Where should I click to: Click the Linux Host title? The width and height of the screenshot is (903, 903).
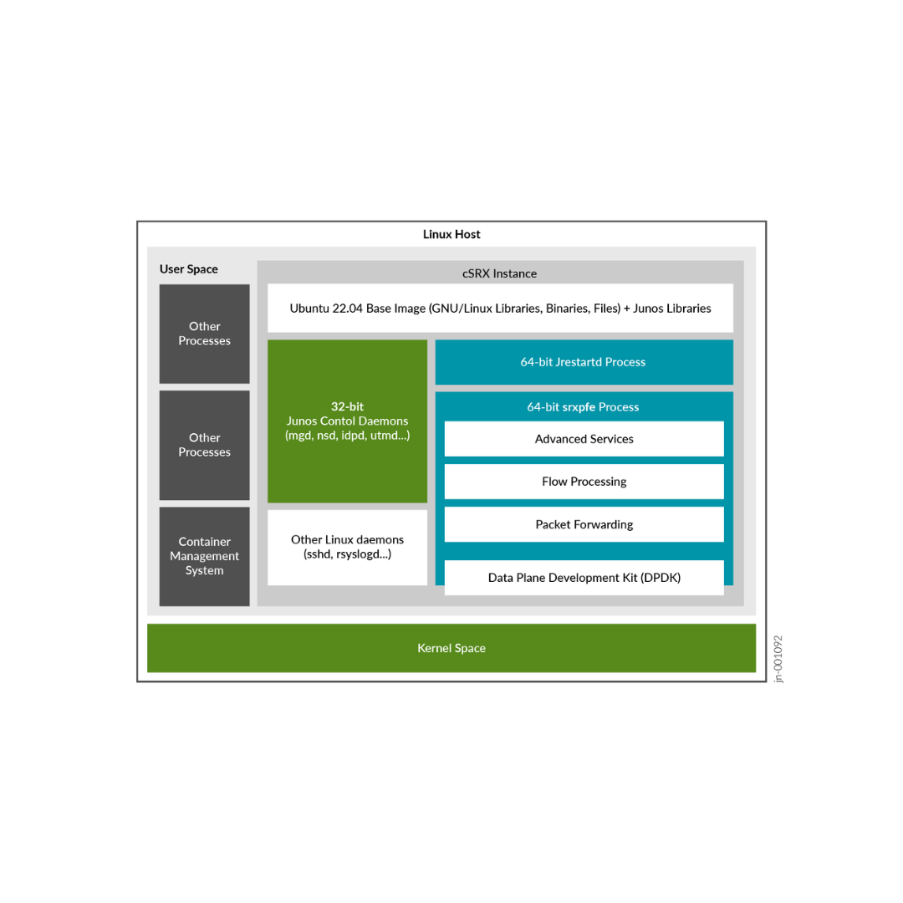[451, 234]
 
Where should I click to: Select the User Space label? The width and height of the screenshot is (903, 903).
[188, 269]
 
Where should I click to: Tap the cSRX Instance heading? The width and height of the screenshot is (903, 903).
[499, 273]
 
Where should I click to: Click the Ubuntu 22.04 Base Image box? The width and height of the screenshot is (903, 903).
[500, 308]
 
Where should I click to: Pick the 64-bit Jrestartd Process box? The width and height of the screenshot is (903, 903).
[584, 362]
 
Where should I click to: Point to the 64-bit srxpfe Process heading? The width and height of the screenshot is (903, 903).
[583, 407]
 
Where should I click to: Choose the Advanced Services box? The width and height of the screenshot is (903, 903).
[584, 439]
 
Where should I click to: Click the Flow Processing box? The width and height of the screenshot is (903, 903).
[584, 482]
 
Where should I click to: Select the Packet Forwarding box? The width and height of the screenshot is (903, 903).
[584, 524]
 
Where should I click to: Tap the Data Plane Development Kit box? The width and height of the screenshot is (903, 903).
[584, 577]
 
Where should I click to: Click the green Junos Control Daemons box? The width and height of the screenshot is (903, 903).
[347, 460]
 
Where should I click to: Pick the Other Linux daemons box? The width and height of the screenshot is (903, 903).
[347, 547]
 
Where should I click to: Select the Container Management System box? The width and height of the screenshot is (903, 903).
[204, 556]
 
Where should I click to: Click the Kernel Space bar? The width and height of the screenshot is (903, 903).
[451, 648]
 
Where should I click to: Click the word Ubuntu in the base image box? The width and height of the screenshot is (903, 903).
[310, 309]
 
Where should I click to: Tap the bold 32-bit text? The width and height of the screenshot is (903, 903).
[347, 406]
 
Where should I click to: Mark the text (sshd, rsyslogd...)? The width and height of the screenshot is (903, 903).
[347, 554]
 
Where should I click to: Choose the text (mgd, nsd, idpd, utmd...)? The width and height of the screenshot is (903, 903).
[347, 436]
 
